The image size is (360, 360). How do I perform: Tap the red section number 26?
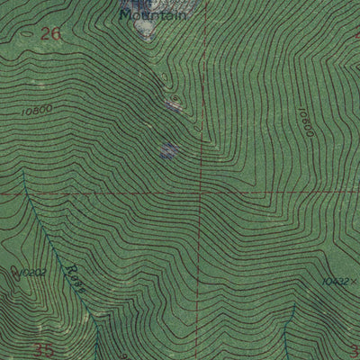point(51,33)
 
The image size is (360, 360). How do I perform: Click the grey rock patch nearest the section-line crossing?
point(167,150)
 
